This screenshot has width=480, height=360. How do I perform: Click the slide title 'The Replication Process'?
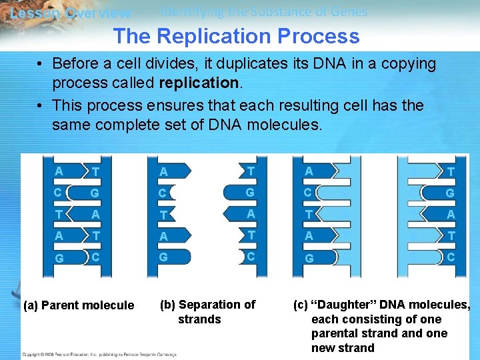[x=236, y=36]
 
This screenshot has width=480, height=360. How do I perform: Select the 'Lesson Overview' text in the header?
[x=70, y=13]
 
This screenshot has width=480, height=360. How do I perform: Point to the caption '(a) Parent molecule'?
[x=79, y=305]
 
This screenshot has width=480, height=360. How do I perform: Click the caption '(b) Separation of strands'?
[x=207, y=311]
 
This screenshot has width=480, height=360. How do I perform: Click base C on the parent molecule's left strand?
[x=59, y=193]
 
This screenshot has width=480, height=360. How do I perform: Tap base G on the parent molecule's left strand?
[x=59, y=257]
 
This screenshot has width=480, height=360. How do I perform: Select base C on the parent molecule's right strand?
[x=97, y=257]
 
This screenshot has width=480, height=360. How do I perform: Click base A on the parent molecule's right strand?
[x=97, y=215]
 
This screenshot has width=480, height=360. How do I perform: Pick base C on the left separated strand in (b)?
[x=163, y=193]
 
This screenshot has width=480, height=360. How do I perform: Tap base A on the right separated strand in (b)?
[x=251, y=214]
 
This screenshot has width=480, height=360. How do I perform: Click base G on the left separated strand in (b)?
[x=163, y=257]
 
